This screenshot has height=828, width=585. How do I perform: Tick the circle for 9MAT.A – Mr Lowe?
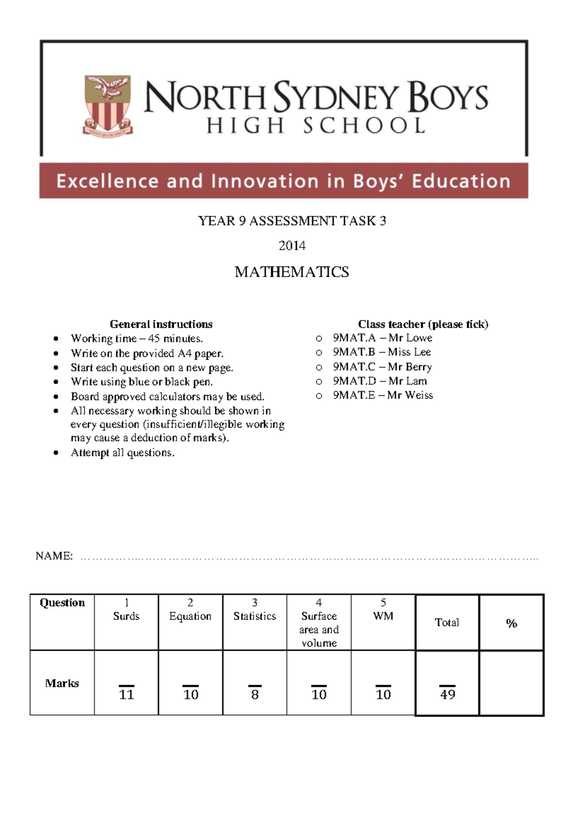pyautogui.click(x=319, y=338)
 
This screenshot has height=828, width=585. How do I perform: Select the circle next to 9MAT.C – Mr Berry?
pyautogui.click(x=319, y=367)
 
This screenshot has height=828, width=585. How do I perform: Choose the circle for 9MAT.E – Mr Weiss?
pyautogui.click(x=319, y=396)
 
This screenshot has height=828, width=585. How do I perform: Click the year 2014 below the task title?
pyautogui.click(x=292, y=246)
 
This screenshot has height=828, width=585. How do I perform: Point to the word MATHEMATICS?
pyautogui.click(x=292, y=272)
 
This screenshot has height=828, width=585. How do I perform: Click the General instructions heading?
pyautogui.click(x=161, y=324)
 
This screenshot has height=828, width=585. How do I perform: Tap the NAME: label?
pyautogui.click(x=54, y=556)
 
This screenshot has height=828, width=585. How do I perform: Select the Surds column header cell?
pyautogui.click(x=126, y=616)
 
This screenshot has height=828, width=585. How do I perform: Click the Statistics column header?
pyautogui.click(x=254, y=616)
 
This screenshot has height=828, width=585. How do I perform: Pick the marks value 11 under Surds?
pyautogui.click(x=126, y=694)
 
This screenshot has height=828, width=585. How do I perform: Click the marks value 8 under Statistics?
pyautogui.click(x=254, y=694)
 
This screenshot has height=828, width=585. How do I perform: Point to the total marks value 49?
pyautogui.click(x=447, y=694)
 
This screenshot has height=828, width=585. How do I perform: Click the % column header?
pyautogui.click(x=511, y=623)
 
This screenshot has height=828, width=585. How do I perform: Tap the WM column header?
pyautogui.click(x=383, y=616)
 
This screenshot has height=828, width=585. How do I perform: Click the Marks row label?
pyautogui.click(x=62, y=683)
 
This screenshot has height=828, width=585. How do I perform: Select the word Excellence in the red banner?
pyautogui.click(x=107, y=181)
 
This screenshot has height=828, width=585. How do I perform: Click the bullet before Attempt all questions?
pyautogui.click(x=57, y=453)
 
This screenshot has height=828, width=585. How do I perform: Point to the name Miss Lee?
pyautogui.click(x=409, y=352)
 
